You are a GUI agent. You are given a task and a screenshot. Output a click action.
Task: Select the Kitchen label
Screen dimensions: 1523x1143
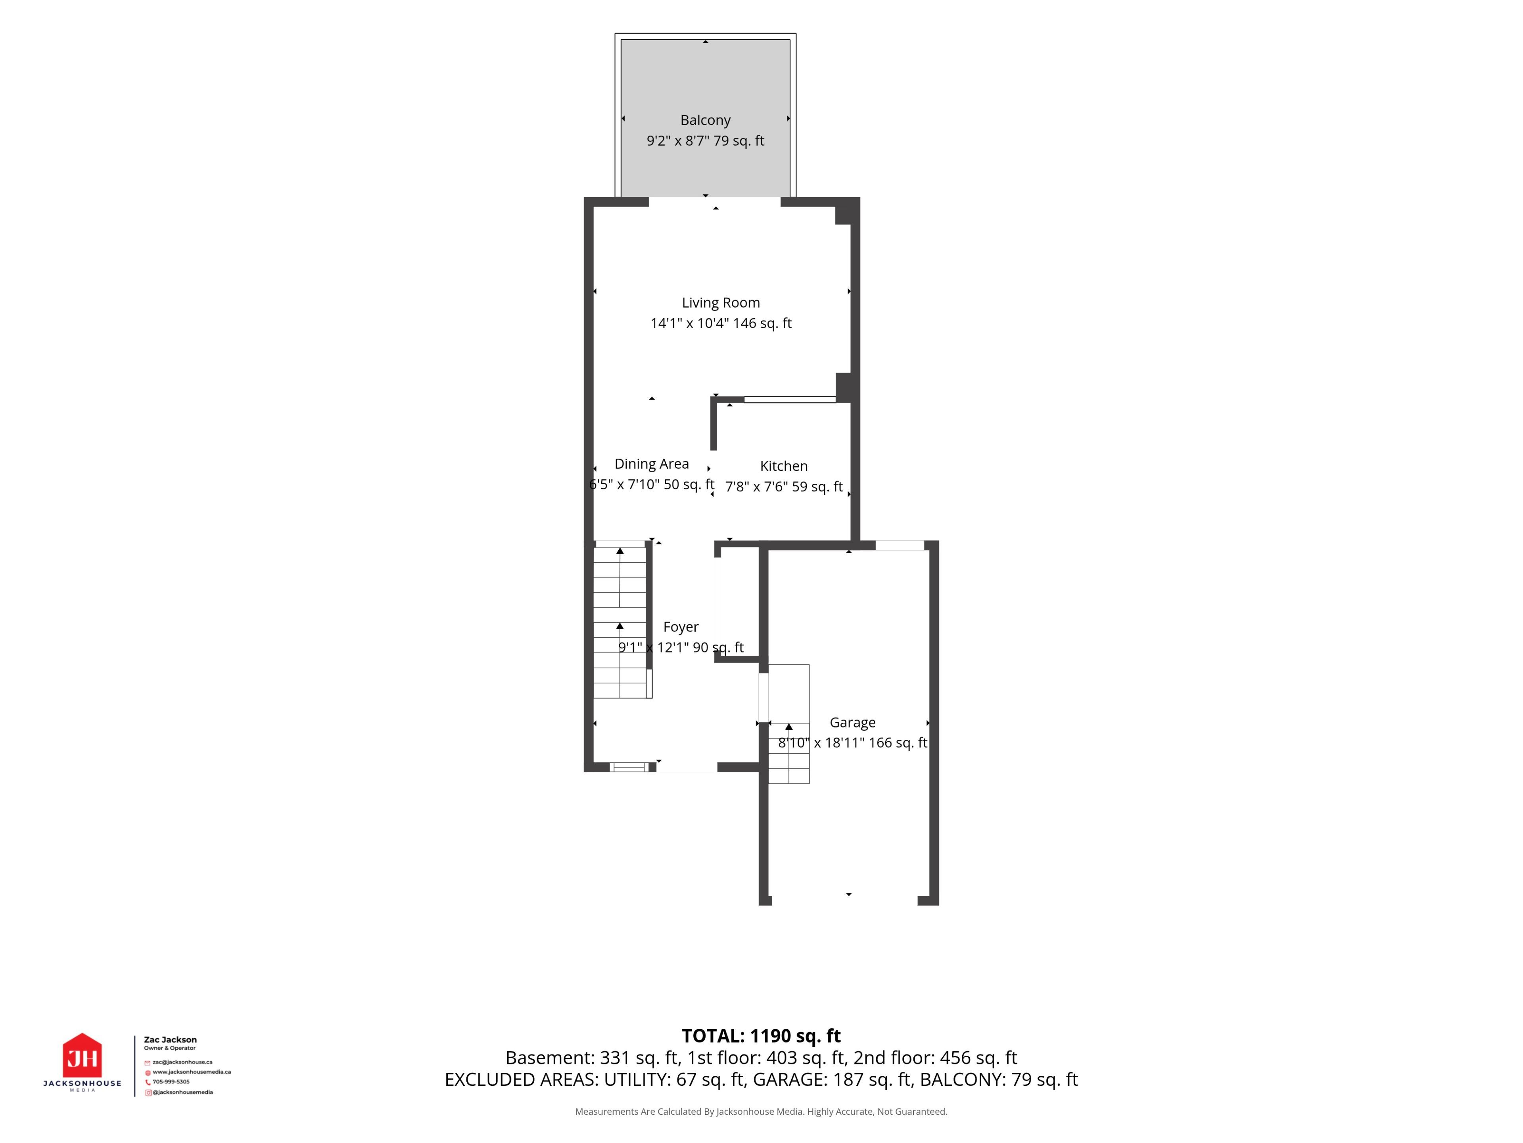tap(784, 466)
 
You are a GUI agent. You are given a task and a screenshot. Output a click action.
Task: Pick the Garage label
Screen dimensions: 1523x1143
tap(852, 723)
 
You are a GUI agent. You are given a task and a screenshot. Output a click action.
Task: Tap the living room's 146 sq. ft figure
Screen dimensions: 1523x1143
tap(762, 323)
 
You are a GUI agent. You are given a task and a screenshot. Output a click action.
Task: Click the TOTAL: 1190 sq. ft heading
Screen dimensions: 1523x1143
tap(761, 1035)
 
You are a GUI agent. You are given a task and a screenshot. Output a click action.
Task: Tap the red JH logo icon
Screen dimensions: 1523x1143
tap(82, 1056)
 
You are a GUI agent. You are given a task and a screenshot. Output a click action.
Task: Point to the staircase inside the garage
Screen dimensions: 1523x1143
tap(788, 724)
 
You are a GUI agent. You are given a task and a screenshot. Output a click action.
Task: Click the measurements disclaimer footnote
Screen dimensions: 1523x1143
tap(761, 1111)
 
